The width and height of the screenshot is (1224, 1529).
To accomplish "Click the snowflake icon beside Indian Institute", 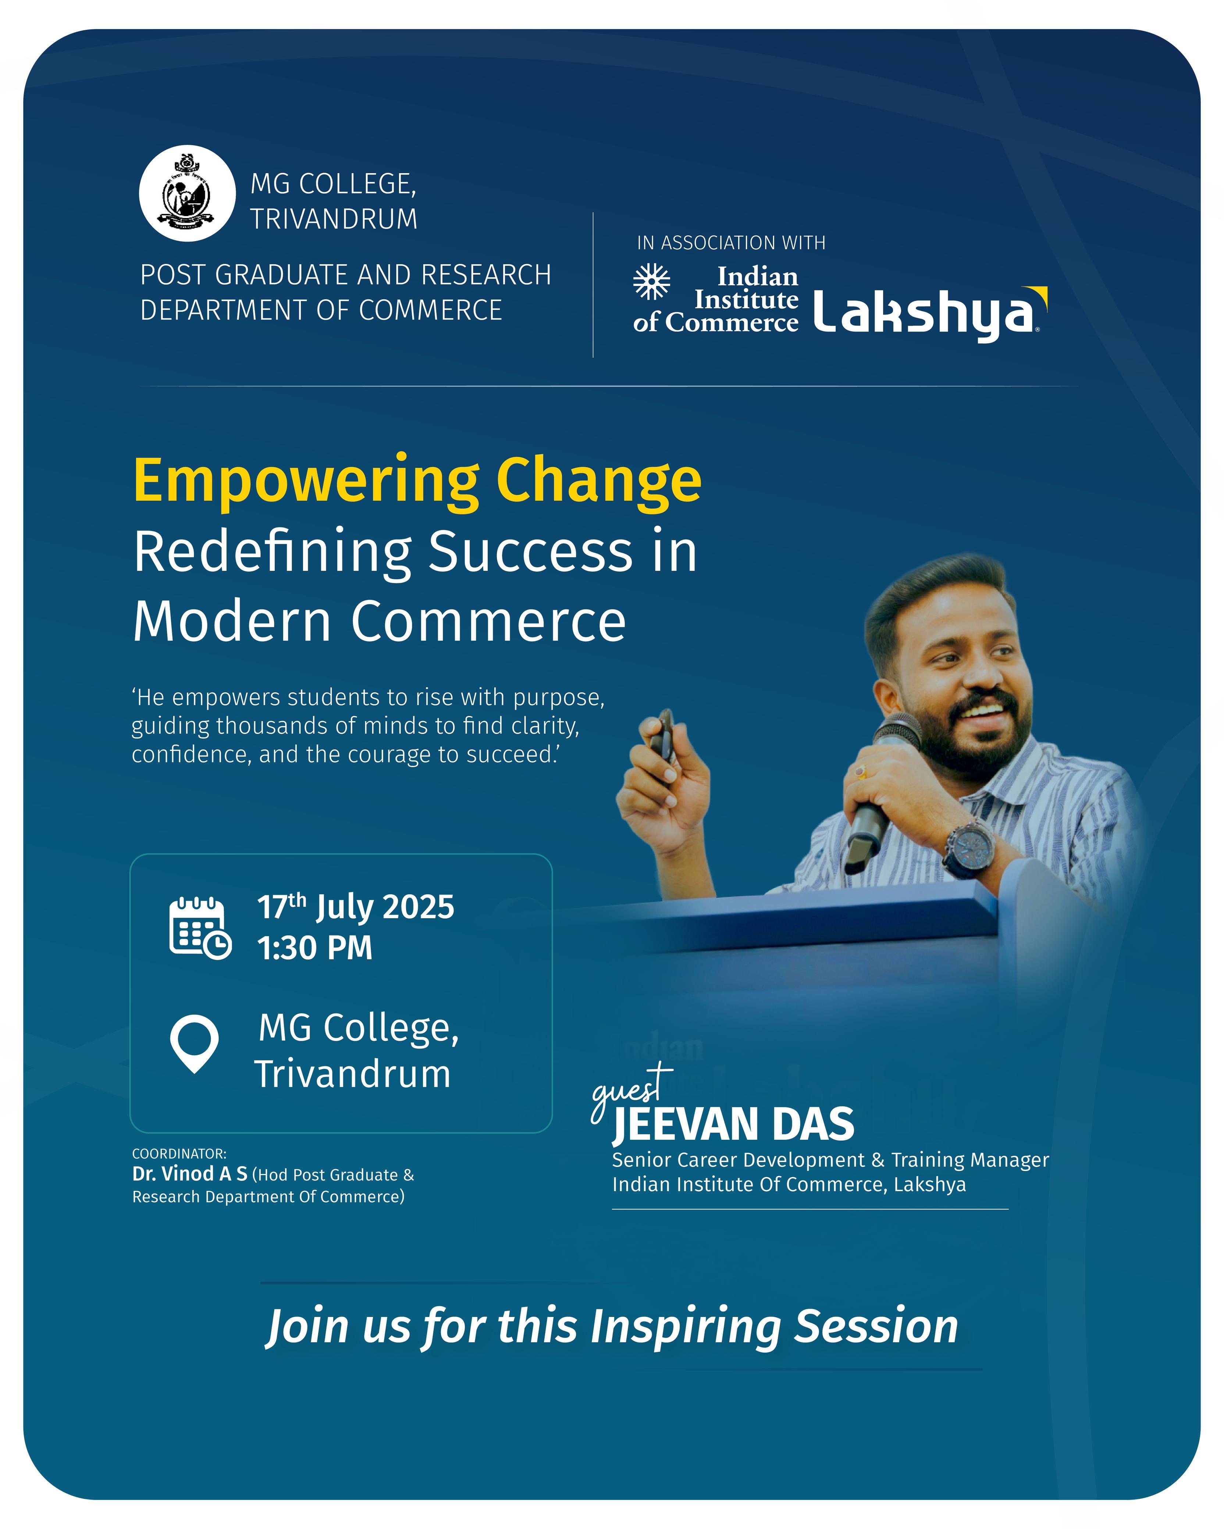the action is [x=651, y=282].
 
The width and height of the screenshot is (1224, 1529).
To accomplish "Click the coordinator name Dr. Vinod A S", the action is [x=189, y=1174].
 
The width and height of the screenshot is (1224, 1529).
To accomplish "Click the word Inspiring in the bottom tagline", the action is [x=685, y=1327].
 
